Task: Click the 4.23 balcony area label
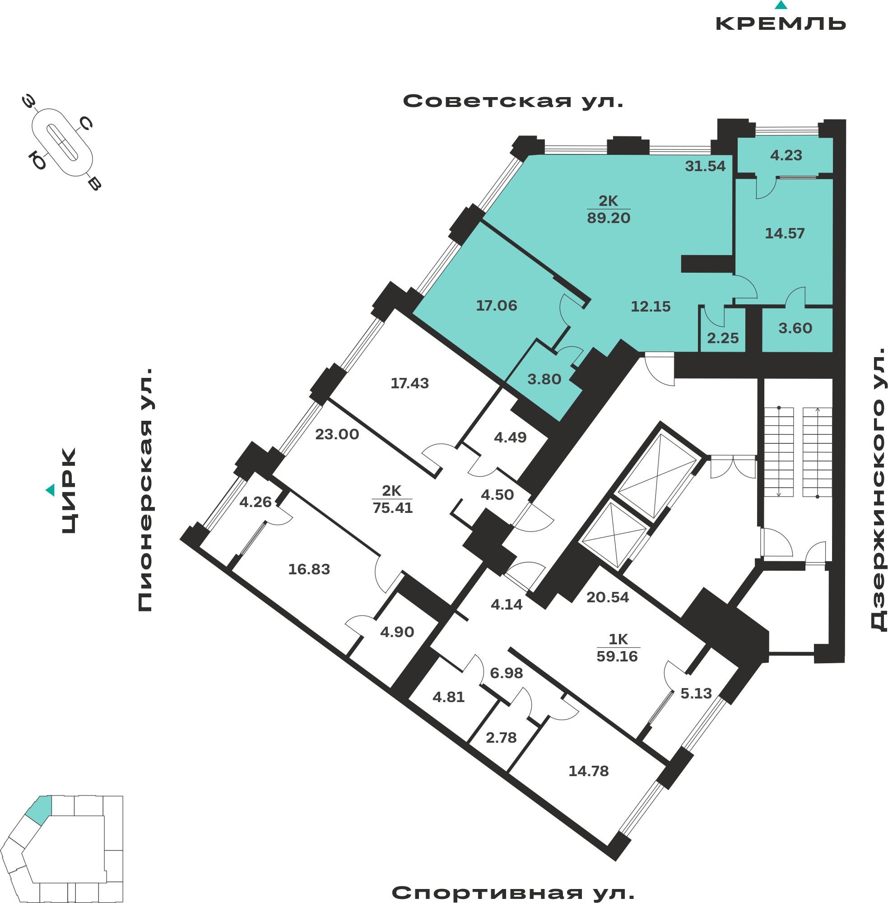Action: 786,155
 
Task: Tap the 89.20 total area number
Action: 609,218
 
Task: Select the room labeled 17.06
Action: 497,306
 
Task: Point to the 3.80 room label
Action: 544,379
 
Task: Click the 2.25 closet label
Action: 723,338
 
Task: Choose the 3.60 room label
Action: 795,328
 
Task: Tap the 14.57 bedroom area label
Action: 785,233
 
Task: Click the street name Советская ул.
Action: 513,101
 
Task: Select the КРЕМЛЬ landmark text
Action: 781,23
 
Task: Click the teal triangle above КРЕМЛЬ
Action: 781,5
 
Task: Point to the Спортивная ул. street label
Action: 513,893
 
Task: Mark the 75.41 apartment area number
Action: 393,508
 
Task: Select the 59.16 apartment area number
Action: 617,656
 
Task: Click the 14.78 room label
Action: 589,771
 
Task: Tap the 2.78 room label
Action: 502,737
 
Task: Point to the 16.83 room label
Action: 309,569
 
